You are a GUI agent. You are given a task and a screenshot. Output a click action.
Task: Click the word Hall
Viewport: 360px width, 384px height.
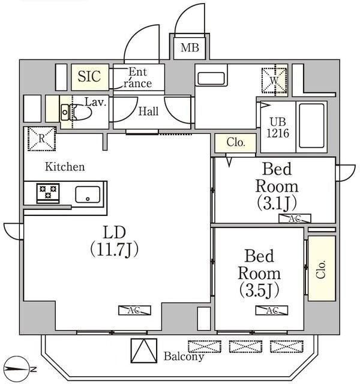(x=149, y=111)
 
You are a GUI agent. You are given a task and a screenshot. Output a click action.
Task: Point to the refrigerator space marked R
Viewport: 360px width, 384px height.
(x=41, y=139)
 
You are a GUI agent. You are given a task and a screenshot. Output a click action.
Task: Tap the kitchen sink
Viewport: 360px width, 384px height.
(x=88, y=194)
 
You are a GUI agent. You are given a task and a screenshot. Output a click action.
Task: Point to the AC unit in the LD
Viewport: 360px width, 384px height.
(x=134, y=310)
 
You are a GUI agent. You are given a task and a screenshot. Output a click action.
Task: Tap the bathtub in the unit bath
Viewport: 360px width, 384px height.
(x=311, y=124)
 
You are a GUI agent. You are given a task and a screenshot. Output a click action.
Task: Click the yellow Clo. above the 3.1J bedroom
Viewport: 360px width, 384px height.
(x=236, y=143)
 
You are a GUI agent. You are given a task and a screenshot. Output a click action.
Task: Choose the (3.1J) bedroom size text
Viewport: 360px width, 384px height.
(x=276, y=200)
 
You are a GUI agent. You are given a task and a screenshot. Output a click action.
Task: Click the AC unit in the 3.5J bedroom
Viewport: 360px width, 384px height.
(x=272, y=310)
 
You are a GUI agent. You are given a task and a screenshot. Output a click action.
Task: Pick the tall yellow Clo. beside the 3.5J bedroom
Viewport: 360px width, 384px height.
(x=322, y=268)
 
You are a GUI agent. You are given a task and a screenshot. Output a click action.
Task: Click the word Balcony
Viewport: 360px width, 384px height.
(x=184, y=356)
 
